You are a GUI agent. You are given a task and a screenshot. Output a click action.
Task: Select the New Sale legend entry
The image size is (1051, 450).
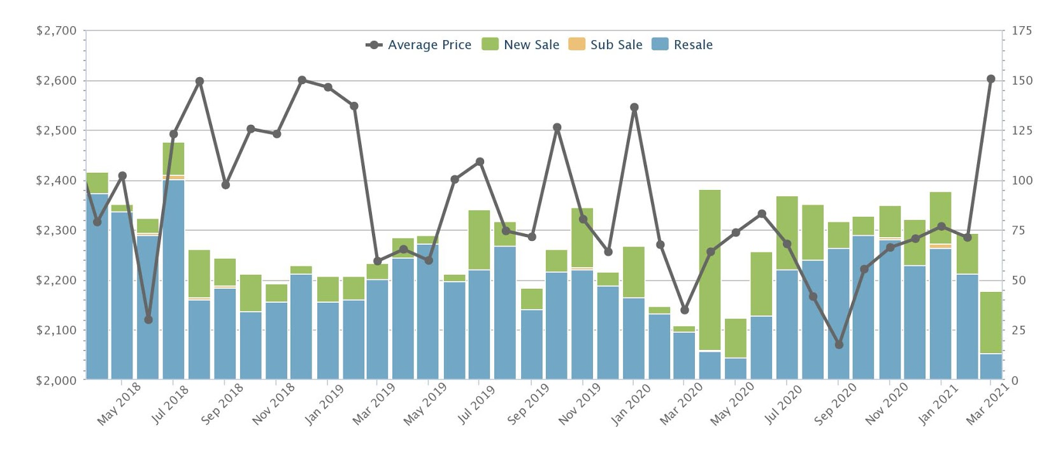click(531, 45)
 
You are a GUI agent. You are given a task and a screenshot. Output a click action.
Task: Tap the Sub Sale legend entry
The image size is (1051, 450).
click(615, 45)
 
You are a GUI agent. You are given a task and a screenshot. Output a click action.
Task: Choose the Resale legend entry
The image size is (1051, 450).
click(692, 45)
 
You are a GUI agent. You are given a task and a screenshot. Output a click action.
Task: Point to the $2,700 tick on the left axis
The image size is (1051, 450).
click(56, 31)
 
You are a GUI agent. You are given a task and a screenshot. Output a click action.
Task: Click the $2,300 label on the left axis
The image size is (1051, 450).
click(56, 230)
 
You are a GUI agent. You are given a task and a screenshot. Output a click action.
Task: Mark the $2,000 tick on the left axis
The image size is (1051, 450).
click(56, 381)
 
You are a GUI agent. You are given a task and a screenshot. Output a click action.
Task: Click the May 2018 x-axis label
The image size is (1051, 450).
click(119, 403)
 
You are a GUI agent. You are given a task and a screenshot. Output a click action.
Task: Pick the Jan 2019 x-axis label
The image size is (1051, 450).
click(324, 403)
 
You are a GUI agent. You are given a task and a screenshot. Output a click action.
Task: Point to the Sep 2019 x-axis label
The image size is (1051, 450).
click(529, 403)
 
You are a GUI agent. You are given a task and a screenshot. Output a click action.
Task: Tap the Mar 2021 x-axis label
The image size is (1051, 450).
click(987, 403)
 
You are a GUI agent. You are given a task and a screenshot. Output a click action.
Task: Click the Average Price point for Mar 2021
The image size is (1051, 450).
click(991, 79)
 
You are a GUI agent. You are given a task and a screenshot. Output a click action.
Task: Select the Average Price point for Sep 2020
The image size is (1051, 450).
click(839, 344)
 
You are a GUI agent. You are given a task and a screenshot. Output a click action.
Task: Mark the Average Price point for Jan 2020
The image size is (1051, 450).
click(634, 107)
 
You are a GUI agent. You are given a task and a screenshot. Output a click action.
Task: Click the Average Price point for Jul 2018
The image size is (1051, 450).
click(173, 134)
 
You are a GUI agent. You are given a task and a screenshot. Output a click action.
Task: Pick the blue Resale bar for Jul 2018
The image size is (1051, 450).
click(173, 280)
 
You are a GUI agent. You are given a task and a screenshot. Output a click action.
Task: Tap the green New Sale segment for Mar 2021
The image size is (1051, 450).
click(991, 323)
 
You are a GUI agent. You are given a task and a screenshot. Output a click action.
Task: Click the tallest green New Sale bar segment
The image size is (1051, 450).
click(710, 270)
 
